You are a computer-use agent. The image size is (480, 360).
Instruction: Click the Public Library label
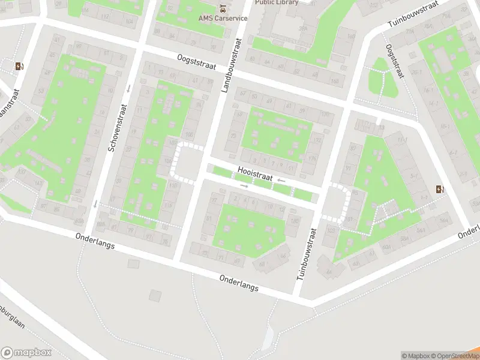(x=277, y=2)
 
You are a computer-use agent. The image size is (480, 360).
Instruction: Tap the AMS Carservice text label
(x=223, y=18)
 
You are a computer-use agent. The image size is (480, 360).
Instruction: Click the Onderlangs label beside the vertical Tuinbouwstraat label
(x=239, y=283)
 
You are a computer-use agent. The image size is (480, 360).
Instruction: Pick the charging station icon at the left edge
(x=19, y=67)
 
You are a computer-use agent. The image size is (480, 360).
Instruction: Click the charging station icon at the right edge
(x=442, y=190)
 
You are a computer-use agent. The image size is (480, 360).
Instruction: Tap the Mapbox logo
(x=25, y=353)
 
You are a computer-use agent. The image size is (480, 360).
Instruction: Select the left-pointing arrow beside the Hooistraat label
(x=281, y=180)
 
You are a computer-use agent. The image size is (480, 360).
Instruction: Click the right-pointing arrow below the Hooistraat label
(x=244, y=186)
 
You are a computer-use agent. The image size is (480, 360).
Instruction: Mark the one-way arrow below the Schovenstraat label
(x=95, y=203)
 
